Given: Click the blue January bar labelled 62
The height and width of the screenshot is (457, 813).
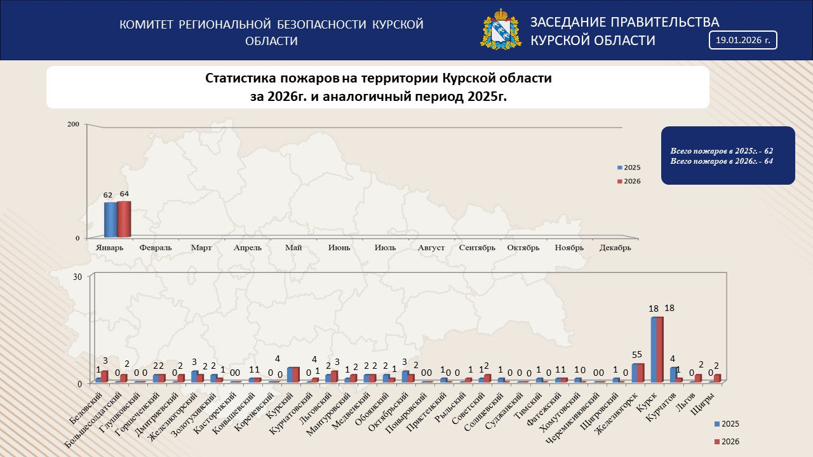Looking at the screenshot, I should pos(111,220).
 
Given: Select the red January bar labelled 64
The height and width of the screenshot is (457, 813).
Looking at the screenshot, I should pos(124,219).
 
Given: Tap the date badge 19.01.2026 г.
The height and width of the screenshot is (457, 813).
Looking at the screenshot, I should pos(742,40).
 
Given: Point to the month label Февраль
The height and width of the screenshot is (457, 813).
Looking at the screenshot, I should pos(155,248).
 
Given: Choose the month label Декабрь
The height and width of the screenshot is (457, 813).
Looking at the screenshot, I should pos(615,248).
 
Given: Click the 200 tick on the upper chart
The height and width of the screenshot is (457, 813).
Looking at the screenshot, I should pos(73,124).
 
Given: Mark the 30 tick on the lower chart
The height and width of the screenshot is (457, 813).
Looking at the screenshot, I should pos(77,277).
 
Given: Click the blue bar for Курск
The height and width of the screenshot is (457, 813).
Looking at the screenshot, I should pos(654,349).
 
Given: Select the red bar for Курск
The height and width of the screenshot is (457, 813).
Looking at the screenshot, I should pos(660,349).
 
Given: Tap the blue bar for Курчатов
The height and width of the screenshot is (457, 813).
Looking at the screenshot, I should pos(673,374).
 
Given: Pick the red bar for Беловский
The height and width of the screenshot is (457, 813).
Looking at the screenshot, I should pos(104,376).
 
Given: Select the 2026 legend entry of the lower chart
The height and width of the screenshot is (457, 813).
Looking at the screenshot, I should pos(727,441).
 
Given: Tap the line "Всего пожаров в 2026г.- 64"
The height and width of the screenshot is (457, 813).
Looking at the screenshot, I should pos(721,161).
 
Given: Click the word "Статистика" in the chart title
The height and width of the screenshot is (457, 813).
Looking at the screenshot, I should pos(241,79).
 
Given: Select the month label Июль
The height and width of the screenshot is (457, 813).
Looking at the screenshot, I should pos(385,248).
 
